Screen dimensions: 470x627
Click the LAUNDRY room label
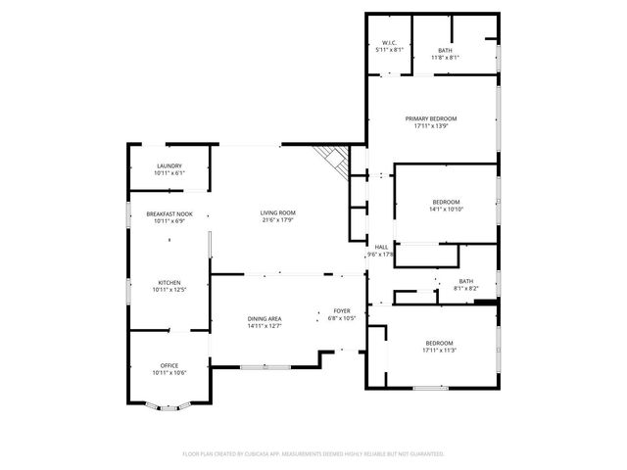pos(169,166)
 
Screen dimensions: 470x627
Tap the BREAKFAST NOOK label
pos(169,213)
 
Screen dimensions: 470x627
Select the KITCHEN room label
pos(169,282)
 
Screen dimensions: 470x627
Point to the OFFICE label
pos(169,365)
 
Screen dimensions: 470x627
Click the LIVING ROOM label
pos(278,212)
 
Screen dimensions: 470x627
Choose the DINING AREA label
pos(265,319)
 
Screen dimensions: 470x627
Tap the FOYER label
pos(341,309)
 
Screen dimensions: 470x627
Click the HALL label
pos(379,247)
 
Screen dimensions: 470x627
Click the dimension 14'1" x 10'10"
pos(446,209)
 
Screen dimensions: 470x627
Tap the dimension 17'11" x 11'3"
pos(438,350)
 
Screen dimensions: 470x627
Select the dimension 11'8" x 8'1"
pos(445,58)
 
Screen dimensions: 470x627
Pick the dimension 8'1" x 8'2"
pos(465,288)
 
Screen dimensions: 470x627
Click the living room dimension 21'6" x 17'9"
pos(278,220)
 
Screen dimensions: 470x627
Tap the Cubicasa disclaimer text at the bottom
pos(313,454)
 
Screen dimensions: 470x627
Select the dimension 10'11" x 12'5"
pos(169,290)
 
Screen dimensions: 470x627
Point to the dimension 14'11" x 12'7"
pos(265,327)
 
